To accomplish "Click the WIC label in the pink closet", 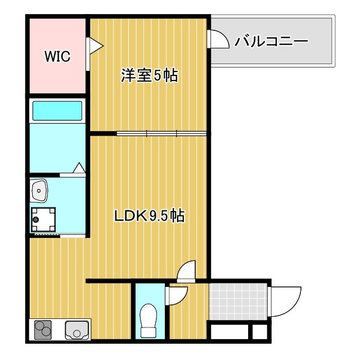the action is click(57, 56).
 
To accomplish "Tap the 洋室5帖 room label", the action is click(149, 75).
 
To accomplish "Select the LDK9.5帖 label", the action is click(150, 215).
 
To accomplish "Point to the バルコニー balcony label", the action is click(271, 42).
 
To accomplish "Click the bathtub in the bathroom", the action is click(57, 111).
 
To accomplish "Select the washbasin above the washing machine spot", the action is click(39, 191).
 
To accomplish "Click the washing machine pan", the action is click(43, 219).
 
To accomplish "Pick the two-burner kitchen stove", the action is click(43, 330).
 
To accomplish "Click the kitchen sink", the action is click(76, 330).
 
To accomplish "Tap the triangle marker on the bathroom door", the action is click(79, 168).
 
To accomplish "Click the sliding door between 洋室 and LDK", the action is click(161, 133).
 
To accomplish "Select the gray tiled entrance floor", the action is click(238, 301).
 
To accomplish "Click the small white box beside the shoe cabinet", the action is click(260, 332).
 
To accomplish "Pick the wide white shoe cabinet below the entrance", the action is click(229, 332).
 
